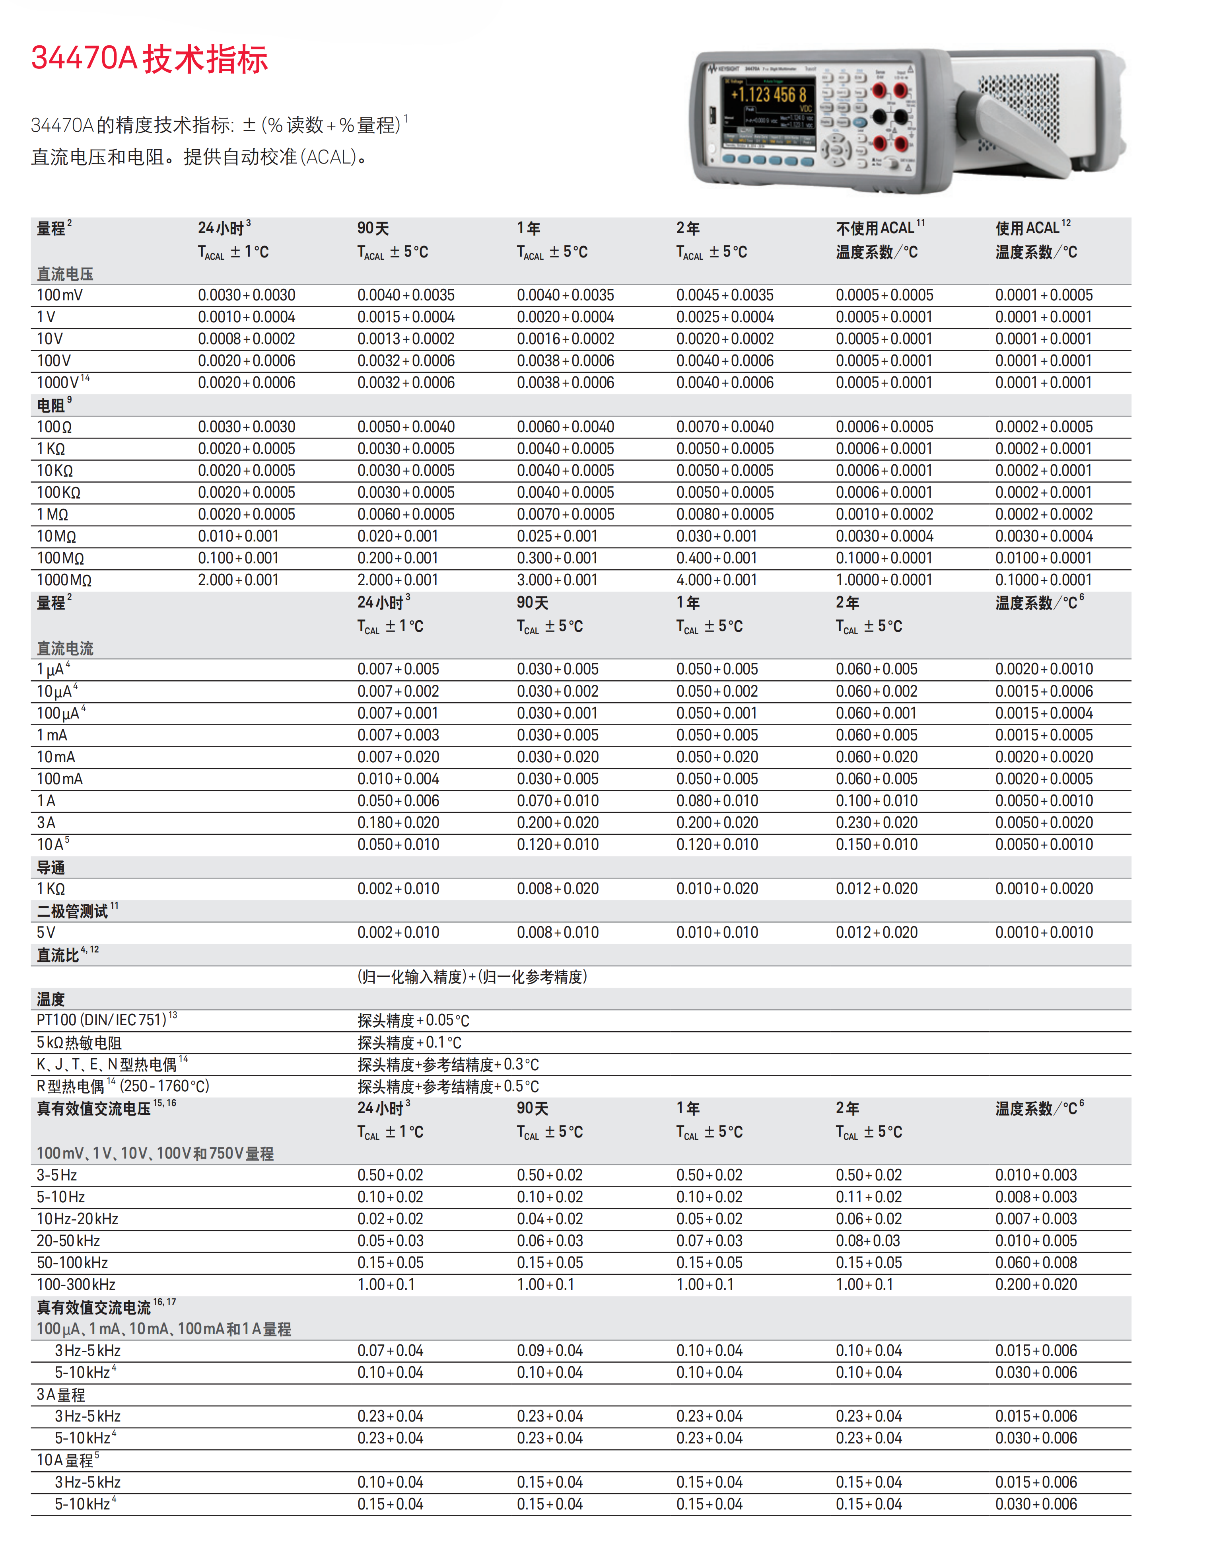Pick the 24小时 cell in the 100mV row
click(x=246, y=295)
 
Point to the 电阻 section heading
click(x=51, y=405)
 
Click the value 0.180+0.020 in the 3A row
click(x=398, y=822)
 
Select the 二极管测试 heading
click(x=73, y=911)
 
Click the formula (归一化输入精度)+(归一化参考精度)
click(x=472, y=977)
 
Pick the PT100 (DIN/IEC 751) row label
click(x=102, y=1020)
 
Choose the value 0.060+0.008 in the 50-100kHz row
click(x=1036, y=1263)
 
